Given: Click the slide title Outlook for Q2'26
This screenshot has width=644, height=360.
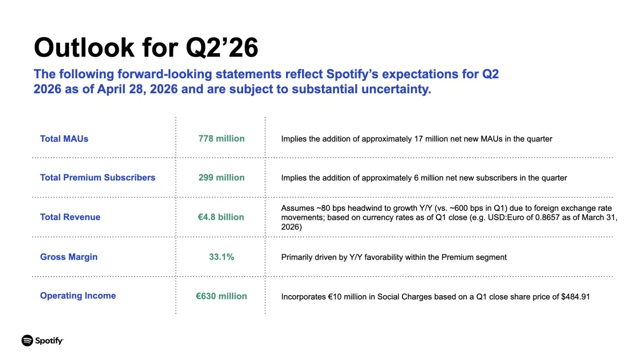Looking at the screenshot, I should coord(146,48).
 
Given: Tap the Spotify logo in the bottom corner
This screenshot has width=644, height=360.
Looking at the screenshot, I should coord(42,341).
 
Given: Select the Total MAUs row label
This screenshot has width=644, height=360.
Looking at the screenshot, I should coord(64,138).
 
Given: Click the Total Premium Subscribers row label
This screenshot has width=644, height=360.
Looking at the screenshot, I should coord(98,178).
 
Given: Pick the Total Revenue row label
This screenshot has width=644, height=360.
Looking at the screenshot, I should coord(70,217).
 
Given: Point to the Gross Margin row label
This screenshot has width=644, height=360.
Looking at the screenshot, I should coord(69,257).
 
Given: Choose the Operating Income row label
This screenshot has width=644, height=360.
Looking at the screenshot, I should coord(78,296).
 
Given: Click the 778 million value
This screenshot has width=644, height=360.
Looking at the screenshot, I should coord(221,138).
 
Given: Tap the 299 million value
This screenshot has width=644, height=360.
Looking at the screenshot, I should coord(221,178).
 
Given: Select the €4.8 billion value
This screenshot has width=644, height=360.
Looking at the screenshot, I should coord(221,217).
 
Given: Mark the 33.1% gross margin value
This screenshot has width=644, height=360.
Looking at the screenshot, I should coord(221,257).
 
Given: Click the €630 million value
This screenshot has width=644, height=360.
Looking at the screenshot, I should coord(221,296).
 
